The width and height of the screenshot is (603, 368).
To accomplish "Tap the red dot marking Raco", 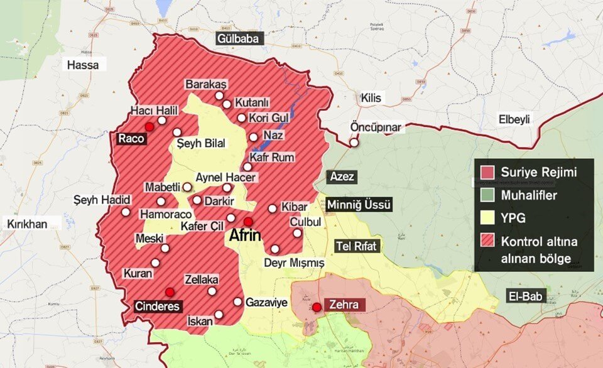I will pos(149,127).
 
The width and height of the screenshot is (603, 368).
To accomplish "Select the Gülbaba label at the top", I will pos(238,39).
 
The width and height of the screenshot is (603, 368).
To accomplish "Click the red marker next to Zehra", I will pos(317,306).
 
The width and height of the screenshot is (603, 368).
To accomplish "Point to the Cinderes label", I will pos(158,306).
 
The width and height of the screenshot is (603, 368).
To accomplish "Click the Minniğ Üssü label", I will pos(360,205).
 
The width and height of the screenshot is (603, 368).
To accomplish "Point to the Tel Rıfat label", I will pos(357,246).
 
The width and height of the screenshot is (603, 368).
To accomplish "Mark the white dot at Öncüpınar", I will pos(355,143).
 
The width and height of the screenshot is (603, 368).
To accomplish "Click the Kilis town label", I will pos(371,98).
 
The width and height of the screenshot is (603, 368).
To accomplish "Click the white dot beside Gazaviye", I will pos(237,302).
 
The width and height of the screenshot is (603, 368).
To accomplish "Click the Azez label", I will pos(342,177).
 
